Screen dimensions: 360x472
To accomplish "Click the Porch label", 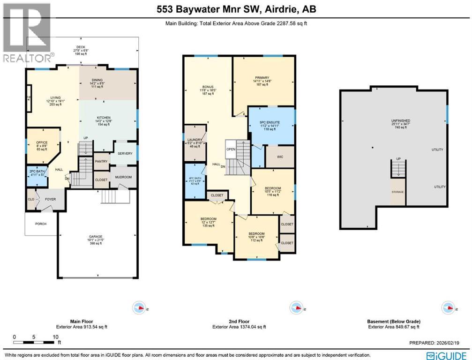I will (41, 224).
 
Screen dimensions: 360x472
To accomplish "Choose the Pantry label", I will (101, 161).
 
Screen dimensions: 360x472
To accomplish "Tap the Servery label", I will (125, 154).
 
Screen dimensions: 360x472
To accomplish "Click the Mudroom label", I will (123, 177).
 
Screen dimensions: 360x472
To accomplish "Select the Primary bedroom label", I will (264, 78).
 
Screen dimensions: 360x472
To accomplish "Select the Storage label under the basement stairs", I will (398, 192).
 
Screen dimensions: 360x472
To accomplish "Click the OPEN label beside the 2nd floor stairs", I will (230, 150).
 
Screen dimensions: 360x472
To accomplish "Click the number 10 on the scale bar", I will (56, 337).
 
